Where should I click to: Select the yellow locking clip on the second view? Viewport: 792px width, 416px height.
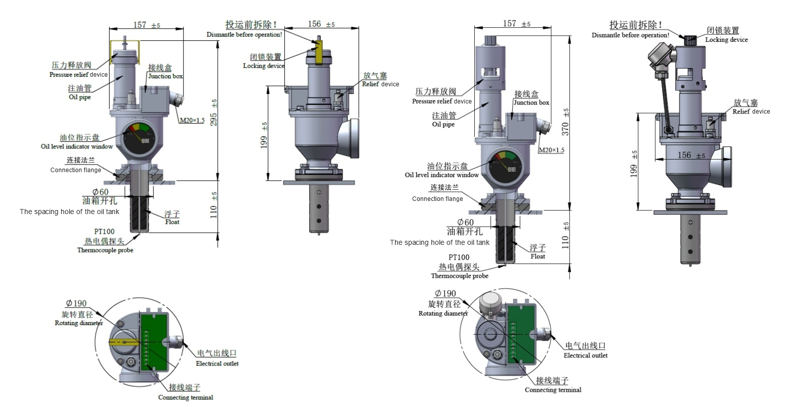click(x=319, y=53)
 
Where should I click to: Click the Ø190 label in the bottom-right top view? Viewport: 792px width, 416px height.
click(x=445, y=293)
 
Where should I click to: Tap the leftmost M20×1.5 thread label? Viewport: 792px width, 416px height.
click(x=192, y=120)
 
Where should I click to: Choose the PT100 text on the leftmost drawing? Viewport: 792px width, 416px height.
click(x=104, y=232)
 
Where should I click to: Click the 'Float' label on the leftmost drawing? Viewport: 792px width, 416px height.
click(x=172, y=222)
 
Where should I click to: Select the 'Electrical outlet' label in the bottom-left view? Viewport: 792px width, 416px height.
click(x=217, y=363)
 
